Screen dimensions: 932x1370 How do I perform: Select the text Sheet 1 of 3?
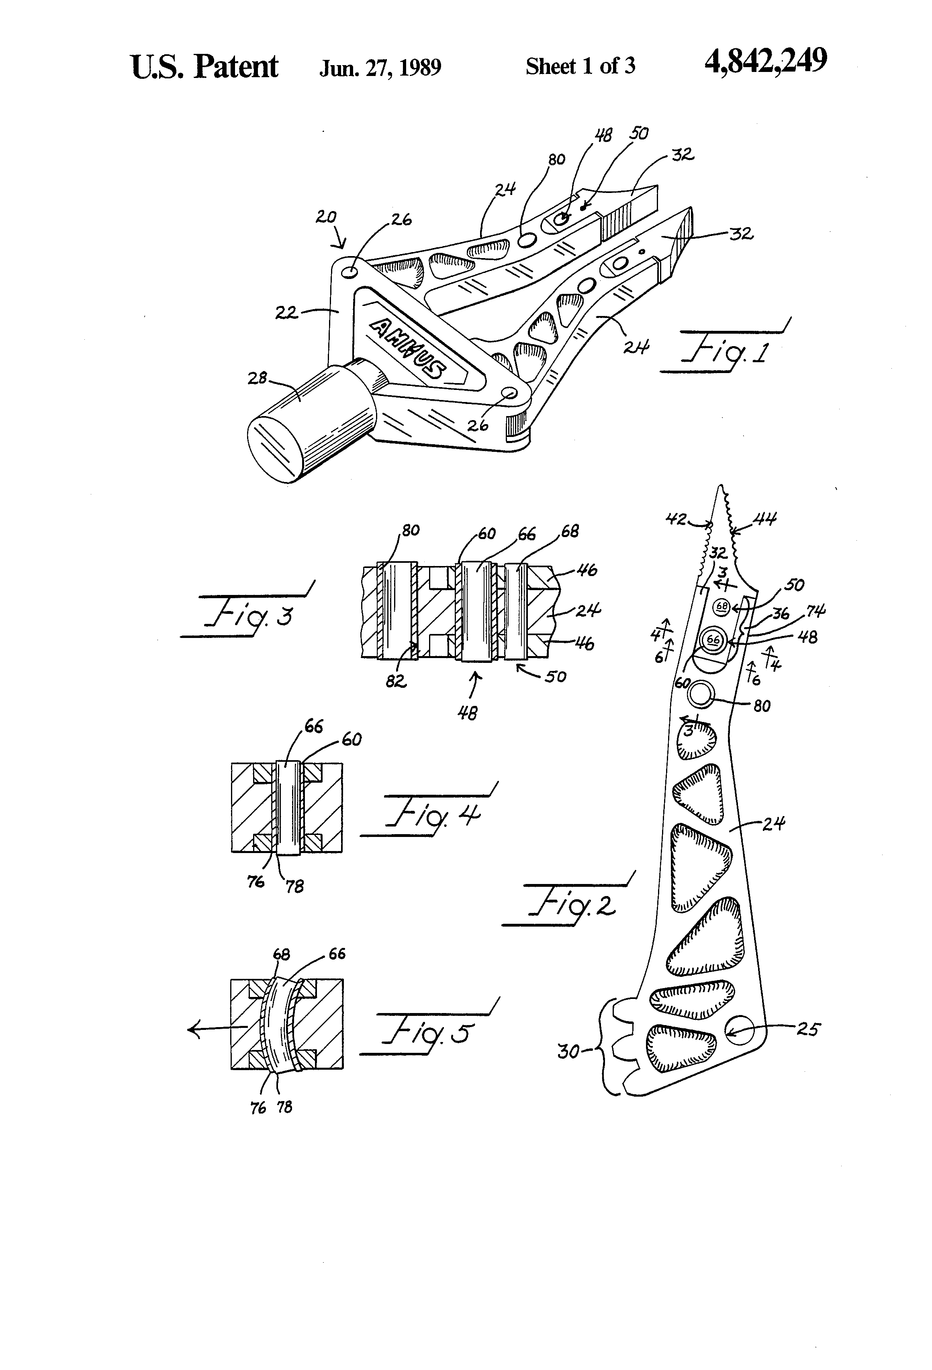point(580,66)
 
